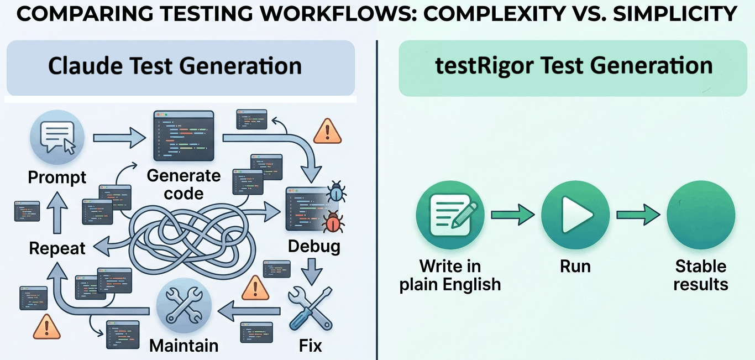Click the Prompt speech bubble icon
coord(57,138)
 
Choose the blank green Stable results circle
coord(700,215)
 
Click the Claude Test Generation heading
coord(175,66)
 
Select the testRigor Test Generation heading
coord(574,66)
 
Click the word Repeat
coord(57,248)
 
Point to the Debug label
coord(314,246)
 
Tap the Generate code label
coord(183,185)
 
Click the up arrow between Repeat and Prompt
coord(57,215)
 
